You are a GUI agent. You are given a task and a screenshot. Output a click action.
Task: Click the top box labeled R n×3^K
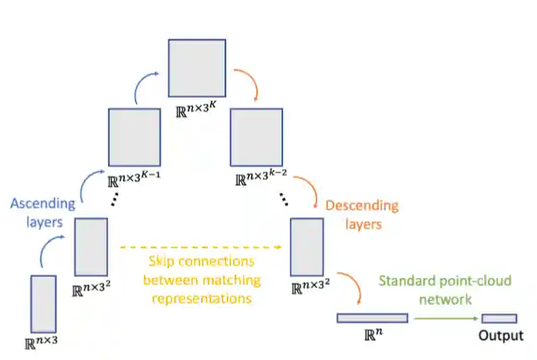pyautogui.click(x=198, y=68)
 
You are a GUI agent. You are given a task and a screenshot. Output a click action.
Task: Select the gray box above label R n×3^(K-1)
pyautogui.click(x=134, y=137)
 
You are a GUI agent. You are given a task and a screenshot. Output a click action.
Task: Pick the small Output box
pyautogui.click(x=498, y=318)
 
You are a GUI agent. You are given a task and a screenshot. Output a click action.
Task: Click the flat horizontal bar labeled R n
pyautogui.click(x=372, y=318)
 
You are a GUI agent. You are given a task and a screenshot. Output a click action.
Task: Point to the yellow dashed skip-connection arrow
pyautogui.click(x=201, y=248)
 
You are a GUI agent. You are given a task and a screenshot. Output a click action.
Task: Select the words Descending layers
pyautogui.click(x=361, y=215)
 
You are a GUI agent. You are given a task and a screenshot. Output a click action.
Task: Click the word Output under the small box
pyautogui.click(x=499, y=337)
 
